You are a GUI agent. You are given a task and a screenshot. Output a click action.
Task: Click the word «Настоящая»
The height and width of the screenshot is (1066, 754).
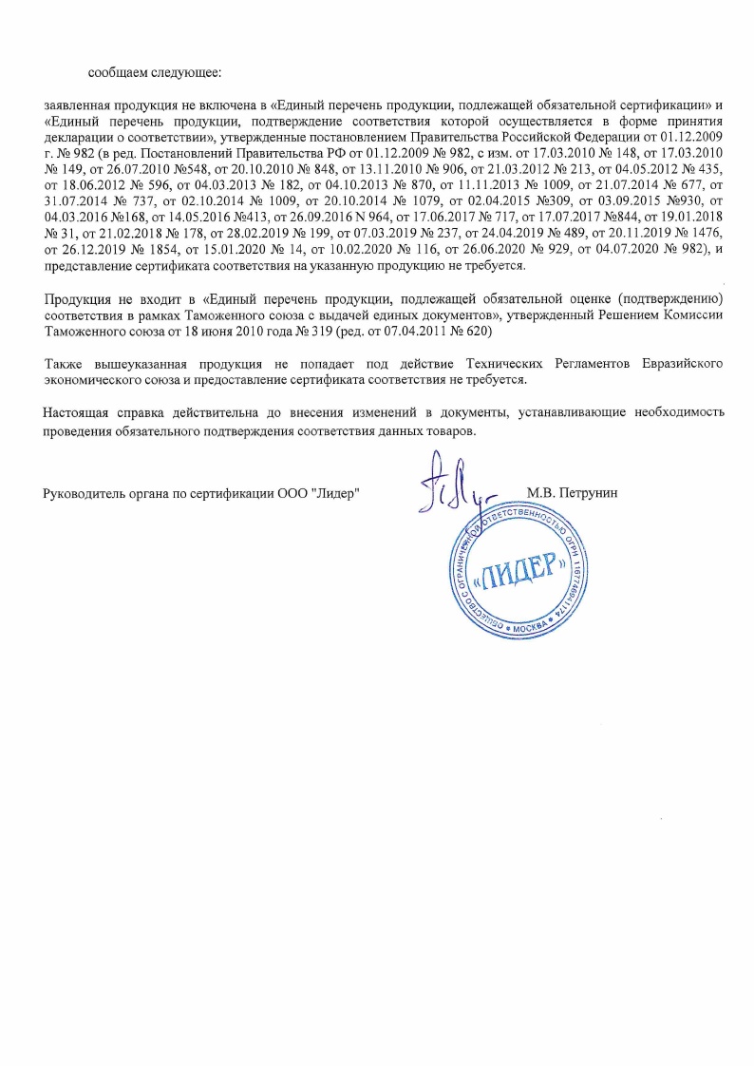[76, 412]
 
